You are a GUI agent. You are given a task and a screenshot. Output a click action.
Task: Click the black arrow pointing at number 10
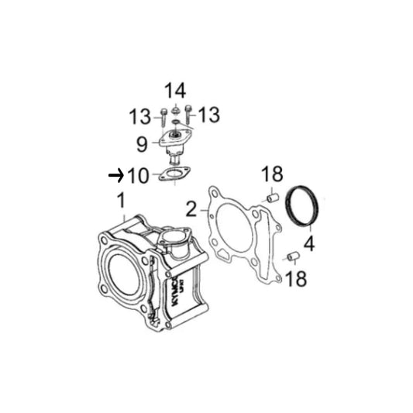116,175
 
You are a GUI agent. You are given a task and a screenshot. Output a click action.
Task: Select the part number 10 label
138,175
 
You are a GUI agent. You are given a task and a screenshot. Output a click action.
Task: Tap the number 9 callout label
142,144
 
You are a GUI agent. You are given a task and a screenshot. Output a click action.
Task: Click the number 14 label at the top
175,91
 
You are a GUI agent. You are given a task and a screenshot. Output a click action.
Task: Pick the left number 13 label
139,116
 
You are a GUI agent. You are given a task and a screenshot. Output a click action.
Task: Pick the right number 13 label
209,115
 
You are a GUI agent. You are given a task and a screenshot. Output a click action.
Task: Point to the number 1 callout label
121,200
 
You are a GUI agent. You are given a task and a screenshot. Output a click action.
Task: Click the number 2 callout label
191,209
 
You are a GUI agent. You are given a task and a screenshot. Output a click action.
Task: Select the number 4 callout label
309,243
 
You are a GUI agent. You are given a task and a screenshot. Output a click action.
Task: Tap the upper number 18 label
272,174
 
